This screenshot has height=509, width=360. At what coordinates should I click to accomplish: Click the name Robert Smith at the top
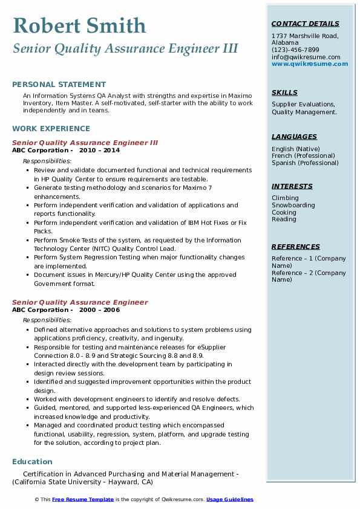79,25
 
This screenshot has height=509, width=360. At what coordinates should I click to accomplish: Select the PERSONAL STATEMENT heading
59,85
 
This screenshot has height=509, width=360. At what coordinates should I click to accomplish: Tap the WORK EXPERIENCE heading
51,128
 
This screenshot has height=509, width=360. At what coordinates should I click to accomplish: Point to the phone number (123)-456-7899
295,50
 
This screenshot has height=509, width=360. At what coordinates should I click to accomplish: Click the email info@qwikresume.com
306,57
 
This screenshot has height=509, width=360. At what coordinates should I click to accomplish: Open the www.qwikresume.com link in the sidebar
310,63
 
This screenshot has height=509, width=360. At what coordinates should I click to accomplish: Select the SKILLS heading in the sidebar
284,92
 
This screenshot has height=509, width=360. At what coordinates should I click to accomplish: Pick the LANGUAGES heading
294,137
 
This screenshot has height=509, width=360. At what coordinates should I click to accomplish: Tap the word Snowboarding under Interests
293,205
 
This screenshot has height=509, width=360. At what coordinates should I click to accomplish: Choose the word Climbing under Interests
285,198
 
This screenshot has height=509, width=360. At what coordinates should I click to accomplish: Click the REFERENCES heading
296,247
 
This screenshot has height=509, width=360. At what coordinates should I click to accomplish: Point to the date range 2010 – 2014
99,150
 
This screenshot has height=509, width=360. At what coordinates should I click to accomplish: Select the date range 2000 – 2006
99,310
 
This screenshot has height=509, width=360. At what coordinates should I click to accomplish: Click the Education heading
32,462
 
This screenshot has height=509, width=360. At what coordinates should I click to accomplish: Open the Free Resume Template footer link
83,499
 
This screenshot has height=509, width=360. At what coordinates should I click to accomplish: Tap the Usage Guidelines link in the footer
230,499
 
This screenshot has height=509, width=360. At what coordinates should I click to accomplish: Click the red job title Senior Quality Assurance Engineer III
85,143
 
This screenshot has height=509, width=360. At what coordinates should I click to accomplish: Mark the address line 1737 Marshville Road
305,36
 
